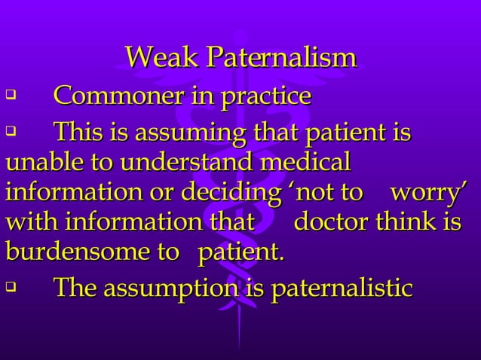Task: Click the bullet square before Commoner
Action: pyautogui.click(x=10, y=96)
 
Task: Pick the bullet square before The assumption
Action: pyautogui.click(x=10, y=287)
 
